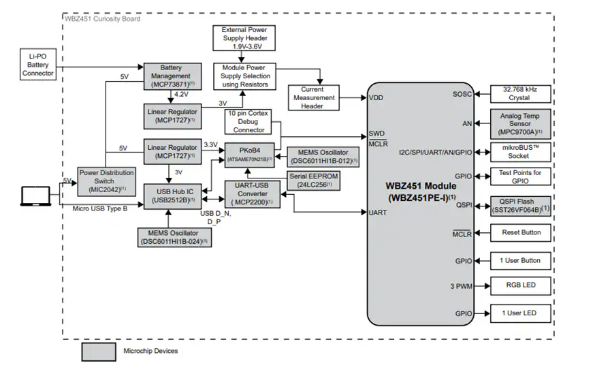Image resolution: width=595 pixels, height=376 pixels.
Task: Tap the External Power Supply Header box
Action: click(244, 39)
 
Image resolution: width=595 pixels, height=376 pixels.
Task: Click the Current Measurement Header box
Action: click(312, 97)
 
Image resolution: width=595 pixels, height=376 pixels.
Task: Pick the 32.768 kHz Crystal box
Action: click(519, 93)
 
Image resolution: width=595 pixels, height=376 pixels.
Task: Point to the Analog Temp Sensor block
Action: click(519, 123)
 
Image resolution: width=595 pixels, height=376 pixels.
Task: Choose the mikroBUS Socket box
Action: click(519, 151)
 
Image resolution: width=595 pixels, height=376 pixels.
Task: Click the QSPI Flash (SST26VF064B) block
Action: click(519, 206)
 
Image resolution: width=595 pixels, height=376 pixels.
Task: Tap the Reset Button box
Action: click(519, 232)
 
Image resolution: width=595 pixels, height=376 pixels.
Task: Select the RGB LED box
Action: click(519, 285)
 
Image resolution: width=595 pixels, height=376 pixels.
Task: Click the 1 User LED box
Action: click(519, 313)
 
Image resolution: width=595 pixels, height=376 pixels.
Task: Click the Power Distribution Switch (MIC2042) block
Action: click(106, 181)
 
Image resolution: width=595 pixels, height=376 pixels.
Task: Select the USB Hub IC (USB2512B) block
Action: click(172, 195)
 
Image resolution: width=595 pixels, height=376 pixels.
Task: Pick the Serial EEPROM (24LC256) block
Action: click(315, 180)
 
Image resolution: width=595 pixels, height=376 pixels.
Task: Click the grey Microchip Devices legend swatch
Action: click(99, 351)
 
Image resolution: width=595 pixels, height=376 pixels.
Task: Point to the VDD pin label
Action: click(376, 97)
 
